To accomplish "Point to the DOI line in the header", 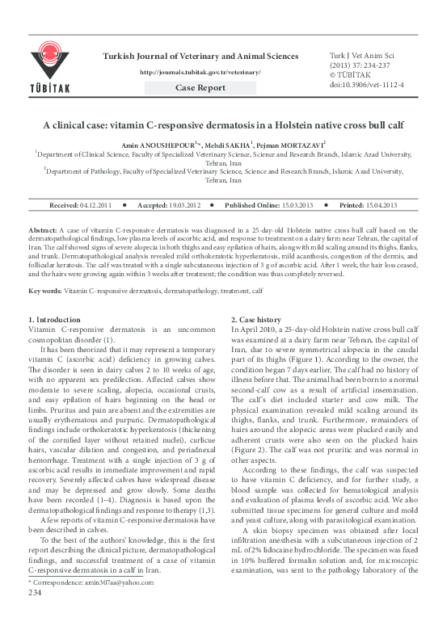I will tap(369, 83).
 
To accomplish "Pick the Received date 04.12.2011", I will tap(95, 206).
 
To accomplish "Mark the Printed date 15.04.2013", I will tap(381, 206).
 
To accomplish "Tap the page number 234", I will tap(35, 615).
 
